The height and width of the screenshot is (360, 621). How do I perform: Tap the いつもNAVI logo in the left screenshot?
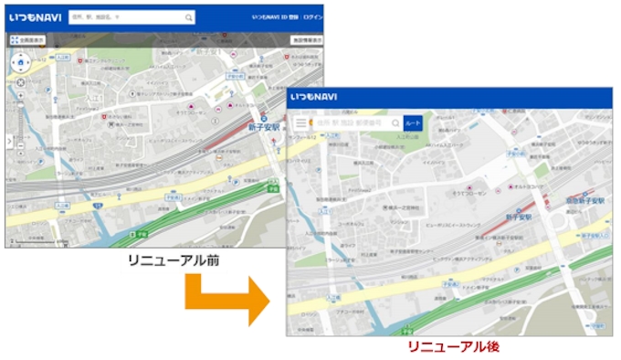[35, 17]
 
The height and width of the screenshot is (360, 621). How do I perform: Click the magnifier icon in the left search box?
[189, 17]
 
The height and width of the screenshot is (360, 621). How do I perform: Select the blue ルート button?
[413, 122]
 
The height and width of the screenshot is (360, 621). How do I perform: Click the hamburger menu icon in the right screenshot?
[300, 122]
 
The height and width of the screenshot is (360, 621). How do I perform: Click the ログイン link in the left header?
[313, 17]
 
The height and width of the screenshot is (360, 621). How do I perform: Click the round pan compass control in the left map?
[20, 62]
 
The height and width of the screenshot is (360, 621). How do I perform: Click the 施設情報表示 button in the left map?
[307, 40]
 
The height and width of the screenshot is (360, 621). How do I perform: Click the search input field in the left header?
[128, 17]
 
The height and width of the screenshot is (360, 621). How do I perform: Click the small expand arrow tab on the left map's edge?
[8, 142]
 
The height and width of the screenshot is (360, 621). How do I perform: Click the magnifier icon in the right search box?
[395, 122]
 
